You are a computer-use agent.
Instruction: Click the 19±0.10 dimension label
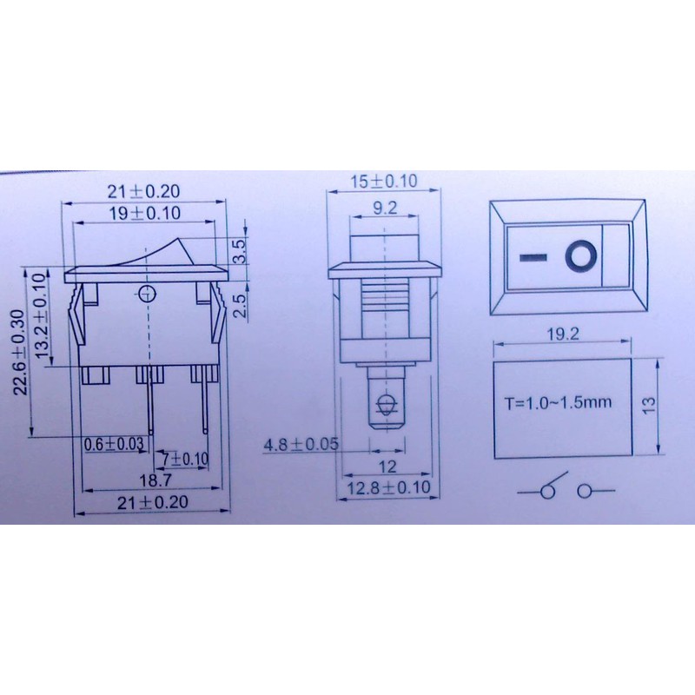145,213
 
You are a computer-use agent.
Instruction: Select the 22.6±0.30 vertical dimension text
21,353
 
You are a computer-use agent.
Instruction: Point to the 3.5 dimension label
238,251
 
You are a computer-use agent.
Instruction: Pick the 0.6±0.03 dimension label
114,444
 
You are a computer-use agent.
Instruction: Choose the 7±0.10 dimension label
185,460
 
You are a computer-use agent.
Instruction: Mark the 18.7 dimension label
156,480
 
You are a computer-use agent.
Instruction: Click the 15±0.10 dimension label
384,181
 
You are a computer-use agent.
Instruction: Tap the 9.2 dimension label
385,208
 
